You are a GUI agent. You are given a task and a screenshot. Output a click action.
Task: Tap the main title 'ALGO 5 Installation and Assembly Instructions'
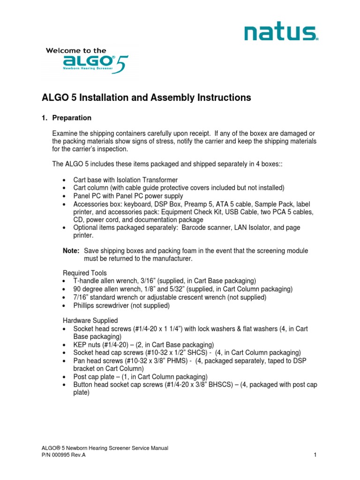[147, 97]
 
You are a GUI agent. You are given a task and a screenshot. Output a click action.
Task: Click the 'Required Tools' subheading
[85, 273]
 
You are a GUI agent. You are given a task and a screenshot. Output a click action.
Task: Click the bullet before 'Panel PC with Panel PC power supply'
[64, 196]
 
